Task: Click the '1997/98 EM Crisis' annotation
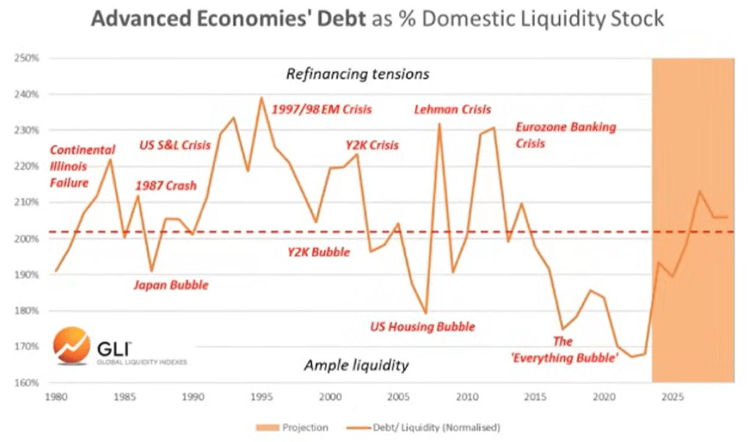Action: click(321, 109)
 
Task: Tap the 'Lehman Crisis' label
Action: click(452, 109)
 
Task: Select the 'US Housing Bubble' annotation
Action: click(422, 327)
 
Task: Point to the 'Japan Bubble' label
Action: click(170, 285)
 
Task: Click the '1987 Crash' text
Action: click(166, 186)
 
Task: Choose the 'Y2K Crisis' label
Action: click(372, 145)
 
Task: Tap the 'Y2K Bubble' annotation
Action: click(319, 252)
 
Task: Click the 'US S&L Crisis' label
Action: click(175, 145)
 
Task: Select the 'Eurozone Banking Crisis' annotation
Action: click(565, 135)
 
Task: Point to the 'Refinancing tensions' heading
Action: click(357, 74)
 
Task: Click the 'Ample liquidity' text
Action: click(356, 366)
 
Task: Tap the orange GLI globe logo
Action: click(71, 345)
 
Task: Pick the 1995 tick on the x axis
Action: click(260, 396)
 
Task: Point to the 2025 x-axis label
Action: click(673, 396)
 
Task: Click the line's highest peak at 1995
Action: click(261, 97)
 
